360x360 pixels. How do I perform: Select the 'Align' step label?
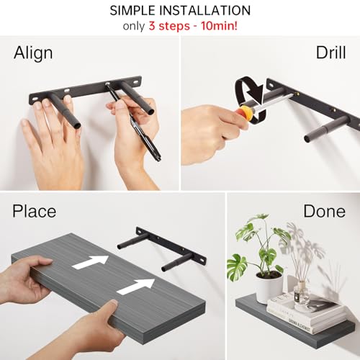(x=33, y=53)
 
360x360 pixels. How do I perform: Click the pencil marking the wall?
(x=137, y=122)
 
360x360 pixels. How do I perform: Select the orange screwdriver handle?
(x=247, y=113)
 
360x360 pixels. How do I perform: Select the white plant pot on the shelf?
(x=269, y=287)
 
